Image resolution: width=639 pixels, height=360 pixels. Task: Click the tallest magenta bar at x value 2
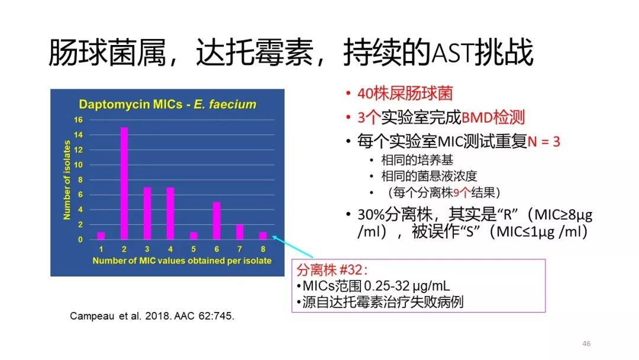[x=124, y=183]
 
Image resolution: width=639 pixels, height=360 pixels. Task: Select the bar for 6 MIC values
[x=217, y=221]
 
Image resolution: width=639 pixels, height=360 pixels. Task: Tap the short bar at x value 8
[x=263, y=236]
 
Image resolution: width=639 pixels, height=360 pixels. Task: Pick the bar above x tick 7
[x=240, y=232]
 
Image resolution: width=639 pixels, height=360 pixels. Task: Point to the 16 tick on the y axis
[x=78, y=120]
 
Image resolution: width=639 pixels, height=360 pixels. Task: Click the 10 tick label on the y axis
[x=78, y=165]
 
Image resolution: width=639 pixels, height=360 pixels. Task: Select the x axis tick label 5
[x=193, y=249]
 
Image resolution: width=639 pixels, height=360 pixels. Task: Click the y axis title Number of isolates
[x=67, y=180]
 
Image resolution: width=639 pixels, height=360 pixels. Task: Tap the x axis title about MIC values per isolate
[x=182, y=261]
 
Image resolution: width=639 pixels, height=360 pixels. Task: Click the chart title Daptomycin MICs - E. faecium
[x=167, y=104]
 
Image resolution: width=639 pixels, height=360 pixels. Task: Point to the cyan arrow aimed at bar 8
[x=292, y=246]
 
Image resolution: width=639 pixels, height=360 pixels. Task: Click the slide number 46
[x=586, y=343]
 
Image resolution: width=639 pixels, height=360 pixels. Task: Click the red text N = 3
[x=544, y=142]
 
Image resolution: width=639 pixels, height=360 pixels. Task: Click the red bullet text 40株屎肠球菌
[x=405, y=94]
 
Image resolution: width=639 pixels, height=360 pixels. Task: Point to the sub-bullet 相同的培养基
[x=417, y=160]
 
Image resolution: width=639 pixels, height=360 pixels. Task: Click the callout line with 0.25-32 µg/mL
[x=373, y=286]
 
